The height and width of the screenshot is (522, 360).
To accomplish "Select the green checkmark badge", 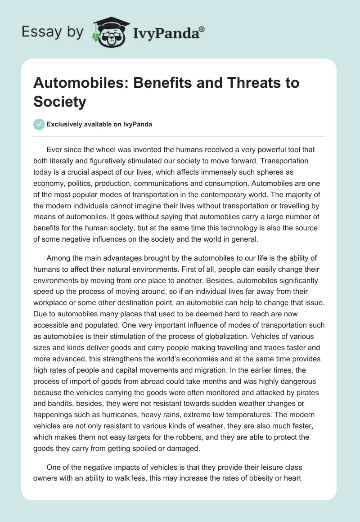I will (39, 125).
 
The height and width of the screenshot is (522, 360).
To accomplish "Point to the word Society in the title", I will (59, 101).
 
